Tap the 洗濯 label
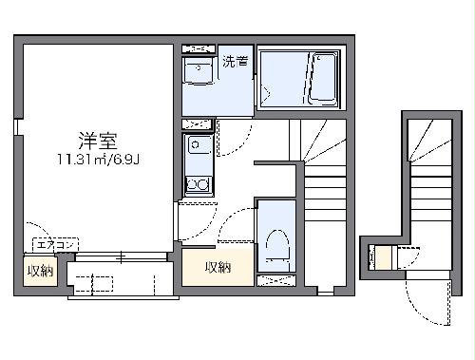tap(236, 64)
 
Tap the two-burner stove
tap(199, 183)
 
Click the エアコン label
tap(53, 244)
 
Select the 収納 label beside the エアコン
tap(40, 271)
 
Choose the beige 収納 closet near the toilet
tap(218, 267)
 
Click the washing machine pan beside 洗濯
tap(199, 71)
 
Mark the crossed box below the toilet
tap(278, 279)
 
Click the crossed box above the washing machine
tap(199, 48)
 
